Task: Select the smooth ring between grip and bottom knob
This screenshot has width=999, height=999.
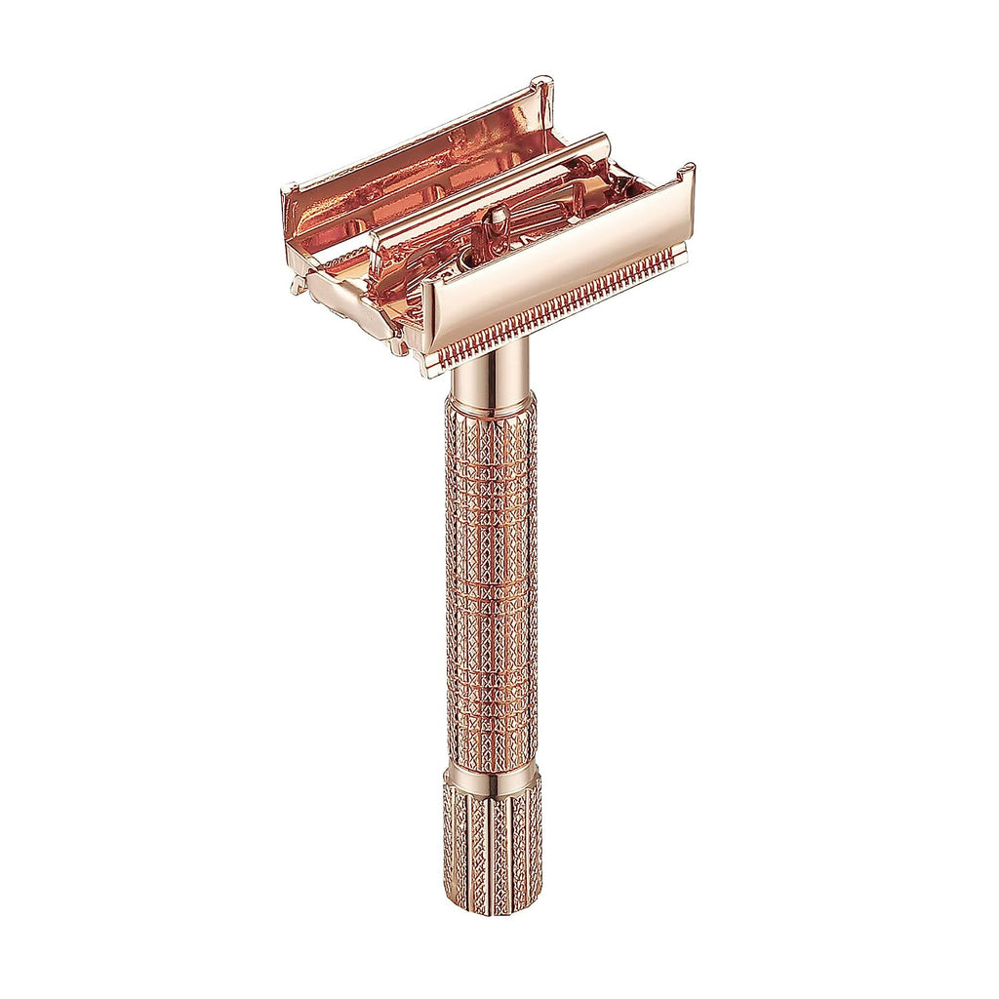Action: (492, 778)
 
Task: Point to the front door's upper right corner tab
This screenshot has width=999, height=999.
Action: (687, 174)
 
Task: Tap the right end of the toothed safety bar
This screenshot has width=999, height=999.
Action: (671, 257)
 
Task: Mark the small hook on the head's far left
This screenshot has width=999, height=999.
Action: (297, 286)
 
